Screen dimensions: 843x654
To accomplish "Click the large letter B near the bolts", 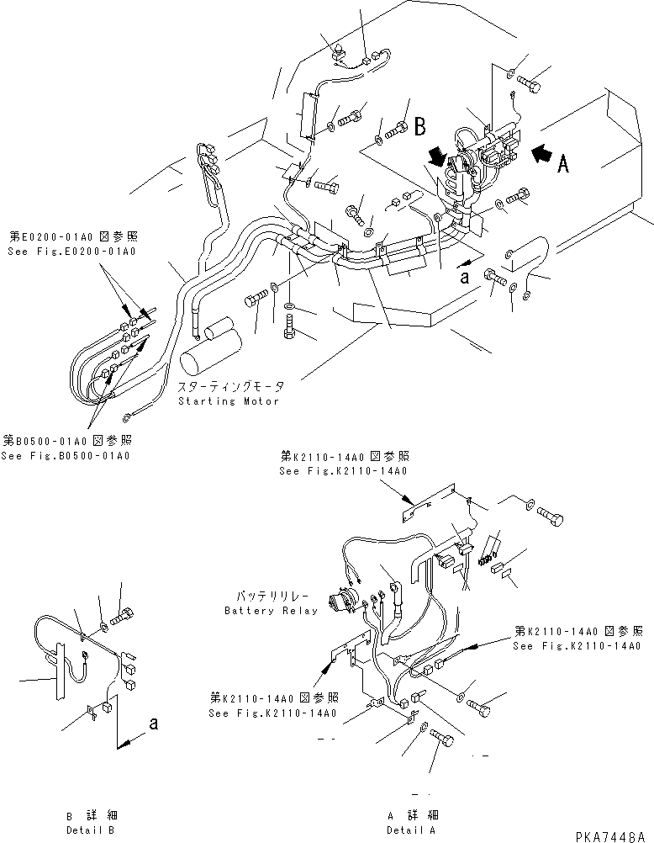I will [x=419, y=127].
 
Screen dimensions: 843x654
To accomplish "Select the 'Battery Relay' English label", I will [x=271, y=611].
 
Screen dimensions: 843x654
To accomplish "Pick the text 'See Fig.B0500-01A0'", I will [x=67, y=456].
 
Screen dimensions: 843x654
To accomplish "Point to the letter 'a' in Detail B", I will [x=151, y=722].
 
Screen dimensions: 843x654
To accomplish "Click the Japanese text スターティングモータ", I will [x=230, y=387].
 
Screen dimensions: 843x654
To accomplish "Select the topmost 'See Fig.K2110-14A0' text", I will [x=343, y=471].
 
